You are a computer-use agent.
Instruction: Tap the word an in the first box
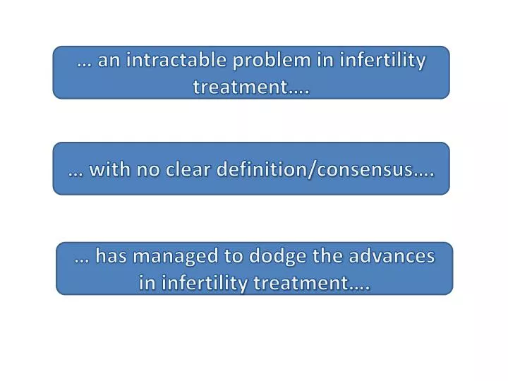[109, 61]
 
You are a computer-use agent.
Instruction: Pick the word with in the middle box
[110, 170]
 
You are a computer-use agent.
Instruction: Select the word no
[151, 170]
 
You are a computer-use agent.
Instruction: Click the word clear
[192, 170]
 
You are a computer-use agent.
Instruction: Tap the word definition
[265, 170]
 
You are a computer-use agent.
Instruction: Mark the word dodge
[277, 257]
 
